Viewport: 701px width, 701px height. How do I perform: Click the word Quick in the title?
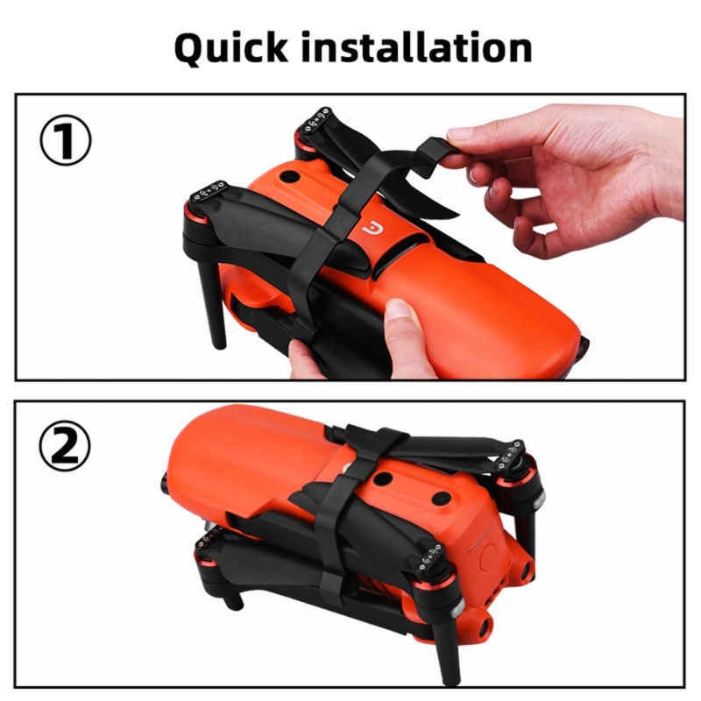coord(231,48)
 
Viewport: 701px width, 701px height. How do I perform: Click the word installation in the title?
coord(417,46)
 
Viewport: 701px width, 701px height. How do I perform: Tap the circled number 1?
coord(66,140)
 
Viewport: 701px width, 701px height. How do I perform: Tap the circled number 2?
coord(65,446)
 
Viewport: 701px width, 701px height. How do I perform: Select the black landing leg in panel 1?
coord(211,304)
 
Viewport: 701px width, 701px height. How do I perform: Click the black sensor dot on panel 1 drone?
coord(290,177)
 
